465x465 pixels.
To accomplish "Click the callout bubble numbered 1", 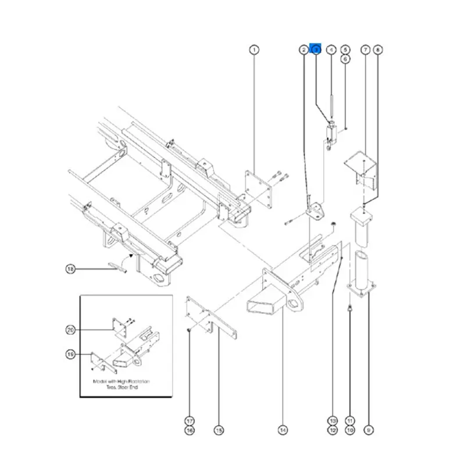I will [254, 50].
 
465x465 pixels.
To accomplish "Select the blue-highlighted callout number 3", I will [316, 50].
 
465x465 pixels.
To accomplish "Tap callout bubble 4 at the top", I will [331, 50].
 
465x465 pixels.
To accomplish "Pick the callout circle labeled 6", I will [345, 59].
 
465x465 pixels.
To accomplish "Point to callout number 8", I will [378, 50].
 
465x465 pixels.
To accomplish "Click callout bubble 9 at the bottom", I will [367, 430].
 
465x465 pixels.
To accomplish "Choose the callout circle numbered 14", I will [282, 430].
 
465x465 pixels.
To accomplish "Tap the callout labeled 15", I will [219, 430].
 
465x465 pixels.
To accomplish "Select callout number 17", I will [189, 421].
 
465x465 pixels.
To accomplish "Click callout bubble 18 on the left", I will [70, 269].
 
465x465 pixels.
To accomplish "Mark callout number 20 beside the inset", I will [70, 330].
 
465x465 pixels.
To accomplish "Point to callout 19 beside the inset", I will [70, 353].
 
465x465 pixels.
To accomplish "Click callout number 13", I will [332, 421].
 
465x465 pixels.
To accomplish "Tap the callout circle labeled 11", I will [350, 421].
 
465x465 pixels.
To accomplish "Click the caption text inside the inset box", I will [121, 385].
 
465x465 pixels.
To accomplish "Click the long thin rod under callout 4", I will [331, 108].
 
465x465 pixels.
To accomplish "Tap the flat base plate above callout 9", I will [362, 289].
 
